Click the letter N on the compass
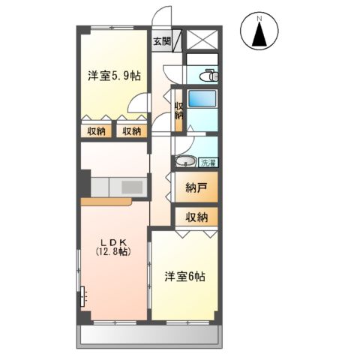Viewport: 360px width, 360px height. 259,18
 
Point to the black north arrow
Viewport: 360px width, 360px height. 259,34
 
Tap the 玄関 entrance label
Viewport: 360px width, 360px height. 162,41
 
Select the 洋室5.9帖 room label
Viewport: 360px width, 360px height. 115,76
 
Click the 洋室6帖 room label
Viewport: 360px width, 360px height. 185,277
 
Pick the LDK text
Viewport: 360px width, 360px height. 114,241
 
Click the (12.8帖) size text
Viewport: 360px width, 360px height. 114,252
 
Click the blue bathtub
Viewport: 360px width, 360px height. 202,100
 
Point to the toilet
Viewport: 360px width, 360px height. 208,75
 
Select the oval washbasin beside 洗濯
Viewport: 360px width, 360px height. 184,161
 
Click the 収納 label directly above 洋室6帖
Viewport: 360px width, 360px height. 196,217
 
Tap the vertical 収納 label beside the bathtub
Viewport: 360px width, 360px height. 178,109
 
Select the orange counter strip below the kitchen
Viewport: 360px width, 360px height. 106,201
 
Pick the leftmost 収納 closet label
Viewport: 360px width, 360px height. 96,131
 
